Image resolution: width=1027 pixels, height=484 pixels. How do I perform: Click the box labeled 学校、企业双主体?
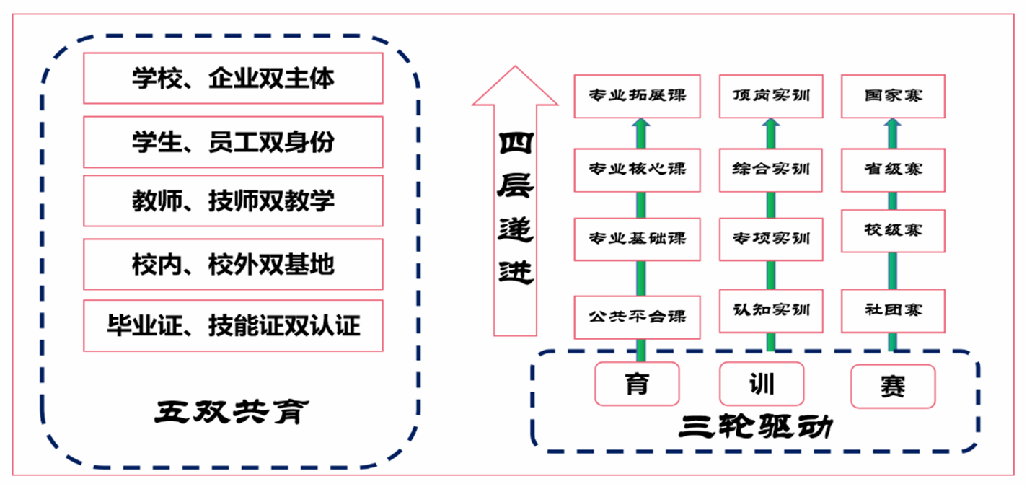tap(233, 78)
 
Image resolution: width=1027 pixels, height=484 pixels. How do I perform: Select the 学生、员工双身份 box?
tap(233, 142)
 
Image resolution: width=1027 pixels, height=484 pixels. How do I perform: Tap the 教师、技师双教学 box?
tap(233, 201)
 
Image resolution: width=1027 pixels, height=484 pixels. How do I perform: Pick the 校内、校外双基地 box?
tap(233, 265)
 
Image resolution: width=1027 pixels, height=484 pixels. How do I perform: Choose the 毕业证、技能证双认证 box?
tap(233, 326)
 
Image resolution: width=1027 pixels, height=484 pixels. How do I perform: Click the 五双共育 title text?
tap(232, 413)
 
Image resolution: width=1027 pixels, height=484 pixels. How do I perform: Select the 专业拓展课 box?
tap(638, 96)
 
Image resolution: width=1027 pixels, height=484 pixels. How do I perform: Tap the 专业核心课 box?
tap(638, 170)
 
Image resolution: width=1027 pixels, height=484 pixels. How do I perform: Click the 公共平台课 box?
tap(638, 317)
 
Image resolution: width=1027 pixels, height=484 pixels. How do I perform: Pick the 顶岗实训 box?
tap(771, 96)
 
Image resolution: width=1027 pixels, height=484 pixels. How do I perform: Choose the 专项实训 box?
tap(771, 239)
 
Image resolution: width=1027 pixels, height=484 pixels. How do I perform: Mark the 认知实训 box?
tap(771, 311)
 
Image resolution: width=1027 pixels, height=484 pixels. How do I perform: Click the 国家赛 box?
tap(893, 96)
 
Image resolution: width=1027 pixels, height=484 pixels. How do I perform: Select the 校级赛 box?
tap(893, 231)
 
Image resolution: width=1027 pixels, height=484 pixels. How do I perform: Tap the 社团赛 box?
tap(893, 311)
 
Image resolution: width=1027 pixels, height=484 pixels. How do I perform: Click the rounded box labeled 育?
tap(638, 384)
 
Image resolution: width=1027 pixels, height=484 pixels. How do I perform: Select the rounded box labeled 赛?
tap(893, 386)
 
